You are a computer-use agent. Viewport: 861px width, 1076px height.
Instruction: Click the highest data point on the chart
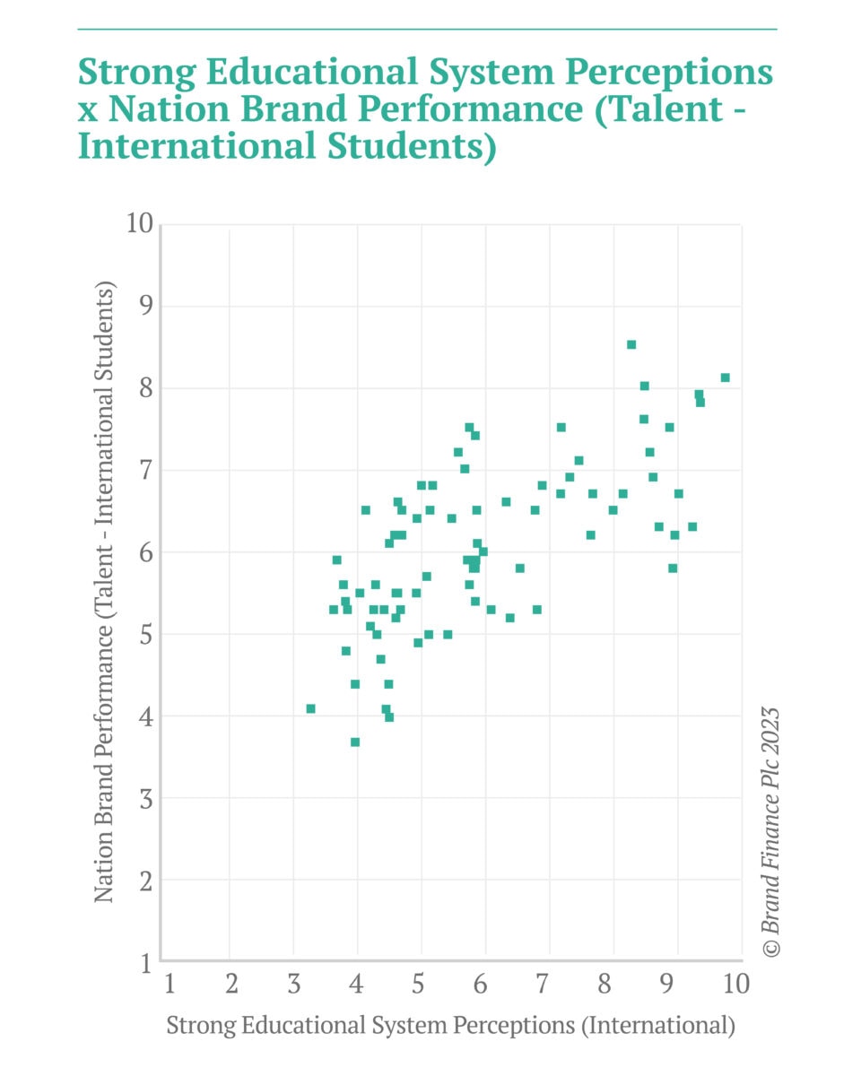[631, 344]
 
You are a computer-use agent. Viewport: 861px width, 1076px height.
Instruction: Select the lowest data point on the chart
[355, 742]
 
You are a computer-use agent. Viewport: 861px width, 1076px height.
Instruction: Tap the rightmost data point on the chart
[725, 377]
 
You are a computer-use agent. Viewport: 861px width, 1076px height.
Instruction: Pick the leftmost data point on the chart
[310, 708]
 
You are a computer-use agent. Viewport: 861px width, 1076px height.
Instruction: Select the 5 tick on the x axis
[419, 985]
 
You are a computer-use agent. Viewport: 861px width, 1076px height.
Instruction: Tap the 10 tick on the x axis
[735, 985]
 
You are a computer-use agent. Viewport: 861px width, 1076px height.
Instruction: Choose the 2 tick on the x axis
[230, 985]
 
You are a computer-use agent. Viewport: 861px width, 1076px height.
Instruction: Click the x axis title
[451, 1026]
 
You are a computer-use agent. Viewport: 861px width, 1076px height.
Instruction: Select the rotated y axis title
[105, 592]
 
